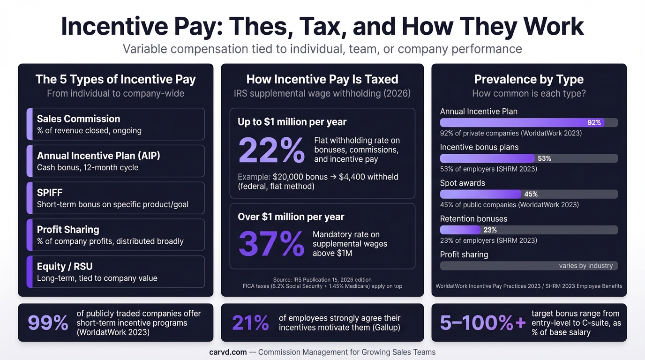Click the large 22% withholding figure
(x=271, y=150)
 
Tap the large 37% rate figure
(x=271, y=244)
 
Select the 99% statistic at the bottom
(x=48, y=323)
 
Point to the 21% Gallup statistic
(x=250, y=323)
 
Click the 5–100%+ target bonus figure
(x=482, y=323)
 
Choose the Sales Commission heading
(x=78, y=119)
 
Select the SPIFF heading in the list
(x=50, y=193)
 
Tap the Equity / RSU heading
(x=65, y=266)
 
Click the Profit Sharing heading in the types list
(x=68, y=229)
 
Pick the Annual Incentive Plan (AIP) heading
(x=98, y=156)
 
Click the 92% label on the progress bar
(x=594, y=123)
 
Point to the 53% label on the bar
(x=544, y=158)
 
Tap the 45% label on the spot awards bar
(x=531, y=194)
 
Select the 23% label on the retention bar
(x=490, y=230)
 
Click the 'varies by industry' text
(x=585, y=266)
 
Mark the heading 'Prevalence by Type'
(x=529, y=79)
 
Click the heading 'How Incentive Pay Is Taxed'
(x=322, y=79)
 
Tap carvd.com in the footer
(x=228, y=352)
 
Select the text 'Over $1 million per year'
(x=291, y=217)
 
